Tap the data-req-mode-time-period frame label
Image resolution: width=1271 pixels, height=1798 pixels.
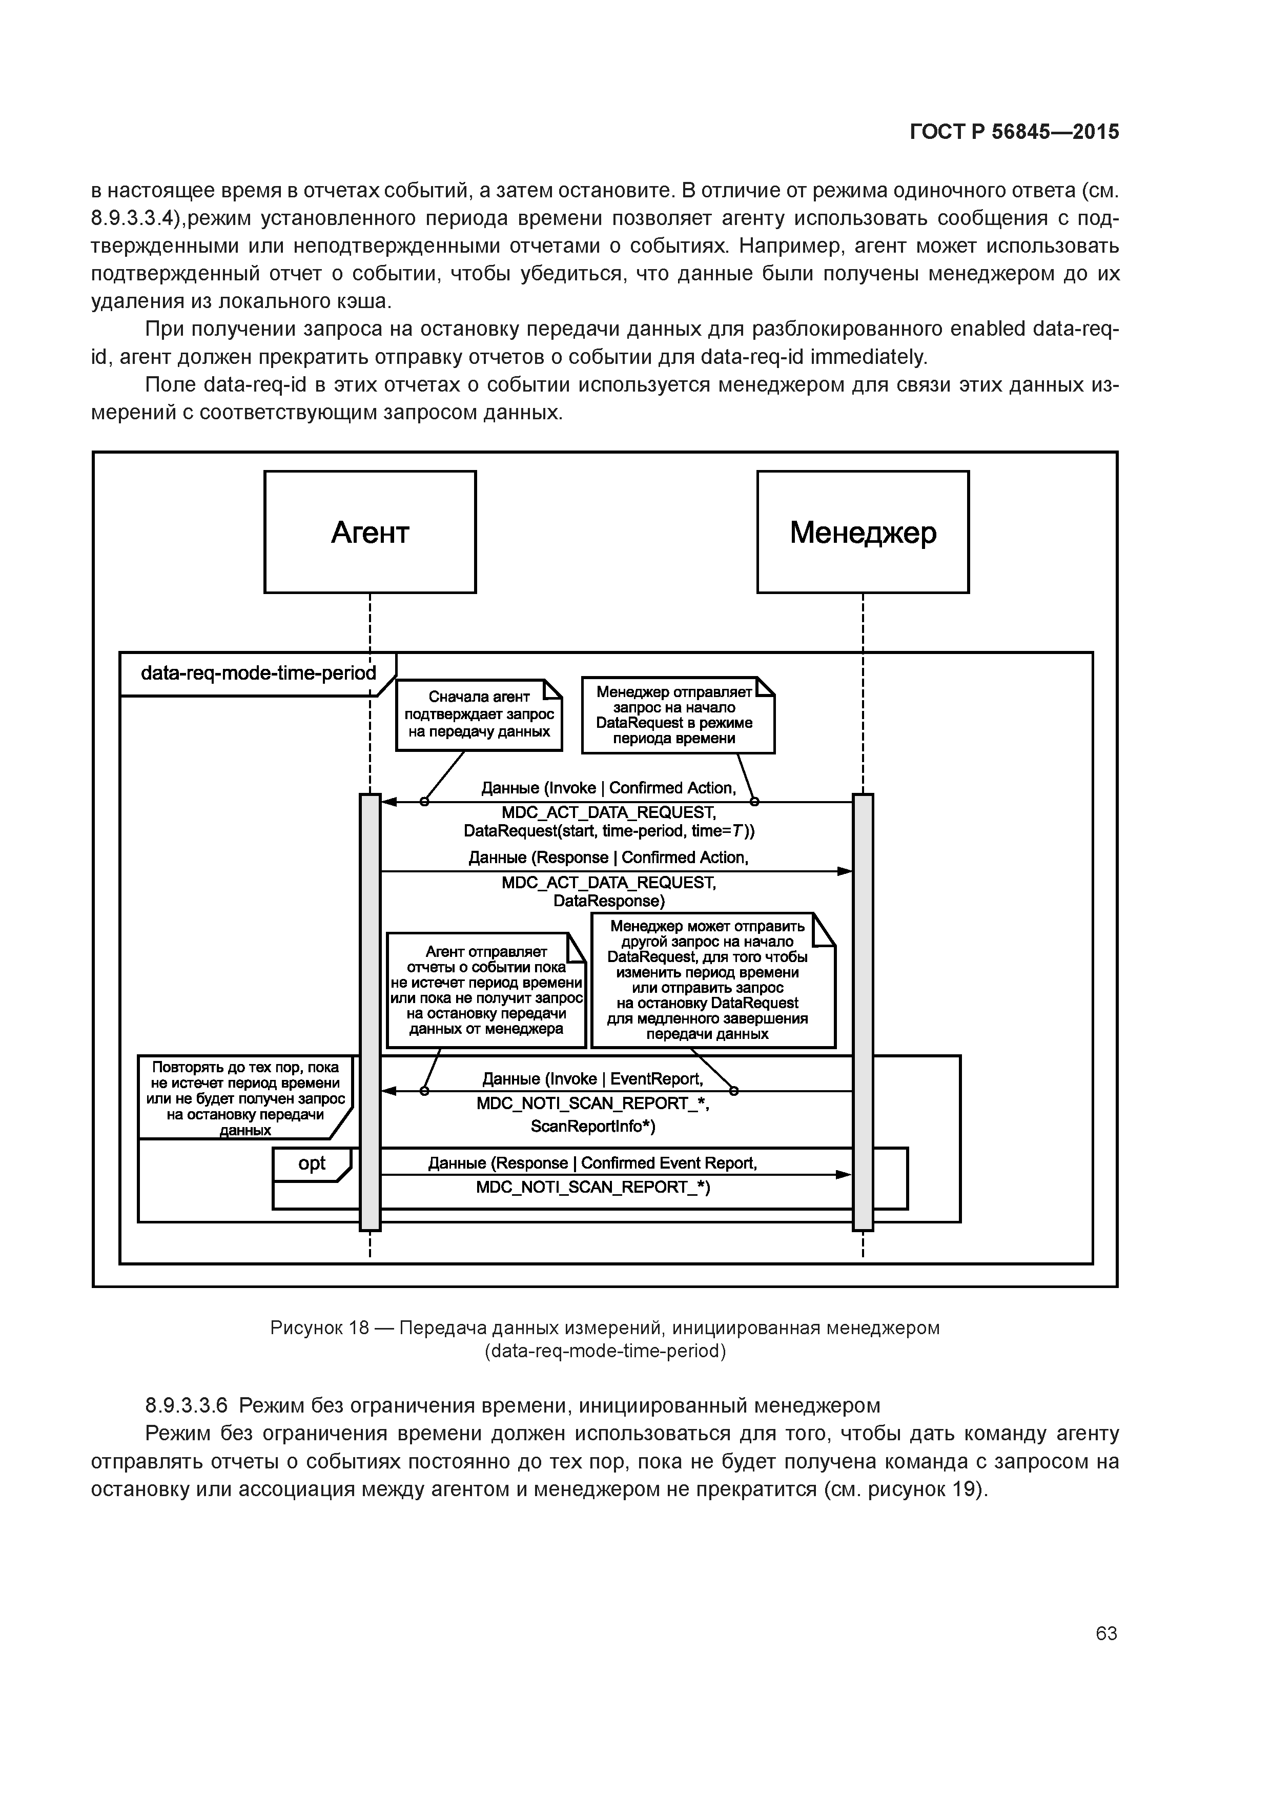click(x=258, y=673)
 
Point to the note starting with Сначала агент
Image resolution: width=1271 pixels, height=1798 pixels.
click(x=479, y=714)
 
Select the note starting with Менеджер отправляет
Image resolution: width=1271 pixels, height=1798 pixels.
click(x=678, y=715)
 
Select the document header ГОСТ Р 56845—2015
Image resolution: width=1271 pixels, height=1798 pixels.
click(x=1014, y=132)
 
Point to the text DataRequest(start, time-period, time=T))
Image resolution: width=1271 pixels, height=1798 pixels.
click(x=609, y=830)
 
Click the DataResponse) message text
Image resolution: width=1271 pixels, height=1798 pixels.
click(x=609, y=902)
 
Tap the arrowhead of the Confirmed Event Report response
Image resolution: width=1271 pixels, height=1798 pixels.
click(x=844, y=1175)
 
